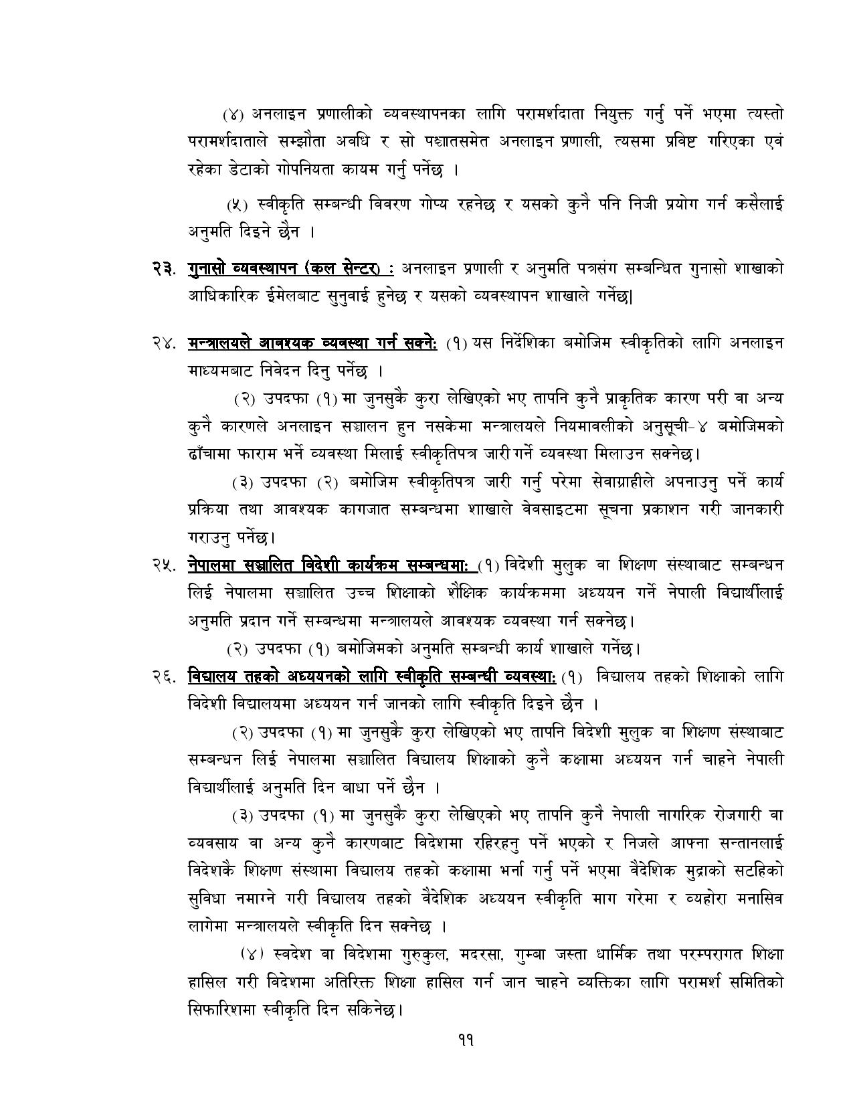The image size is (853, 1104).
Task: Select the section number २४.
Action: [x=163, y=343]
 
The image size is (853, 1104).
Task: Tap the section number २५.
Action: [x=163, y=565]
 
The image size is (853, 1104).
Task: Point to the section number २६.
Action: [x=163, y=676]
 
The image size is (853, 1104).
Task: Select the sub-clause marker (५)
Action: [x=237, y=204]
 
